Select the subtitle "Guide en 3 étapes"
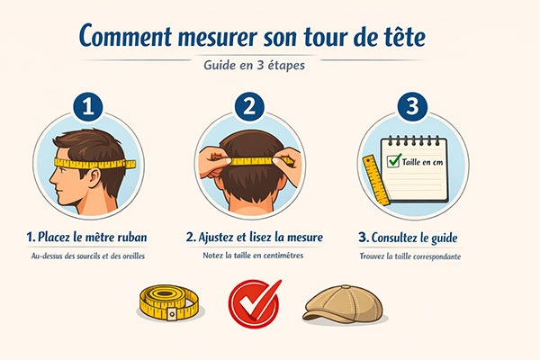click(x=254, y=66)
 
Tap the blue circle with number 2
click(x=249, y=107)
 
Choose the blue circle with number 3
click(x=412, y=107)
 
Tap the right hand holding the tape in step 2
click(x=289, y=162)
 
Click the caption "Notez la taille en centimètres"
click(x=254, y=256)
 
